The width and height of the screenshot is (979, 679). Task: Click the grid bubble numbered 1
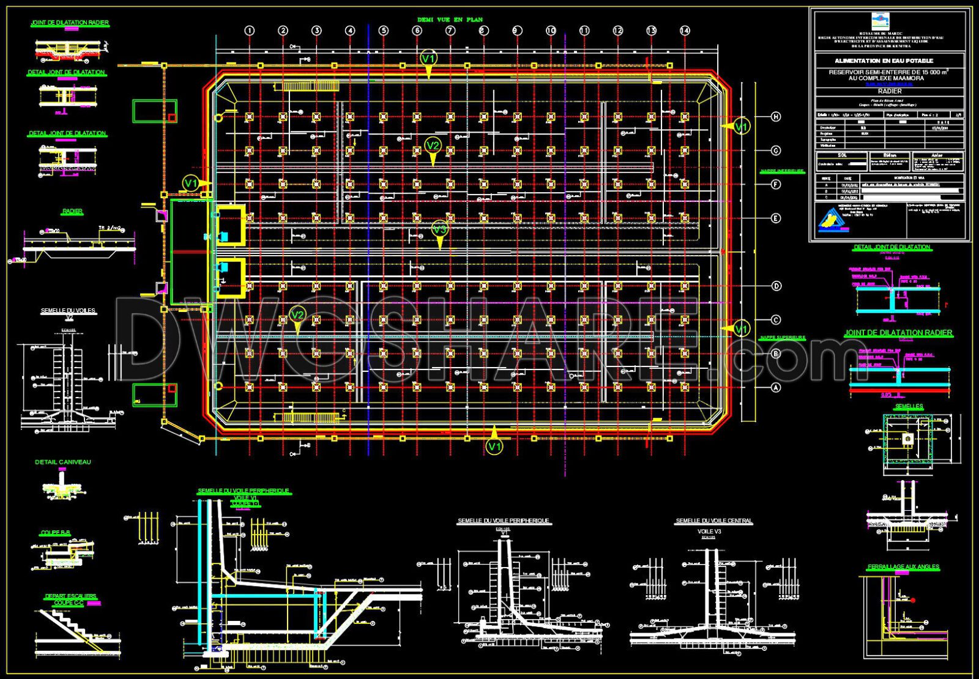pyautogui.click(x=249, y=31)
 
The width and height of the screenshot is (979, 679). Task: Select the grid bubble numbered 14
pyautogui.click(x=685, y=31)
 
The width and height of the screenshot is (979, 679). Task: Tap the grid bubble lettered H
pyautogui.click(x=776, y=117)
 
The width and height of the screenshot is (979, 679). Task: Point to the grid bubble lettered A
pyautogui.click(x=776, y=387)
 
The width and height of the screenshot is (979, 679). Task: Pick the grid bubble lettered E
pyautogui.click(x=776, y=218)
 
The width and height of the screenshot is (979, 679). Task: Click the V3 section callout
pyautogui.click(x=439, y=230)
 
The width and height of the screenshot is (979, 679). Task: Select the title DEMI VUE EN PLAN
pyautogui.click(x=450, y=20)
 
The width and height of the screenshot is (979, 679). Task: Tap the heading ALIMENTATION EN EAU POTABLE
pyautogui.click(x=893, y=61)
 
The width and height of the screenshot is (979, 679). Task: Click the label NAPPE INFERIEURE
pyautogui.click(x=783, y=171)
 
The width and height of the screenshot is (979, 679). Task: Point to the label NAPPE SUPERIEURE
pyautogui.click(x=783, y=338)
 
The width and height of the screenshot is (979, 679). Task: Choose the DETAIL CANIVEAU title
pyautogui.click(x=62, y=462)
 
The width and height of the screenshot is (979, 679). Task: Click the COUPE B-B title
pyautogui.click(x=56, y=533)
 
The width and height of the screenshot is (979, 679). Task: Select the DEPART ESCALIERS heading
pyautogui.click(x=70, y=596)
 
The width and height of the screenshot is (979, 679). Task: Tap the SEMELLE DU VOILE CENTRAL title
pyautogui.click(x=713, y=521)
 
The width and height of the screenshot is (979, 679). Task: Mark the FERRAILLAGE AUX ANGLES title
pyautogui.click(x=903, y=567)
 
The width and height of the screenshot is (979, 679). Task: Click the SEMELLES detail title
pyautogui.click(x=909, y=406)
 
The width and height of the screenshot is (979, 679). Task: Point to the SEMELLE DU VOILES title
pyautogui.click(x=68, y=311)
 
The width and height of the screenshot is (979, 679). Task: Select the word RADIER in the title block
pyautogui.click(x=889, y=91)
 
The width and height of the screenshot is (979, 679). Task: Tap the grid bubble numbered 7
pyautogui.click(x=450, y=31)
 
